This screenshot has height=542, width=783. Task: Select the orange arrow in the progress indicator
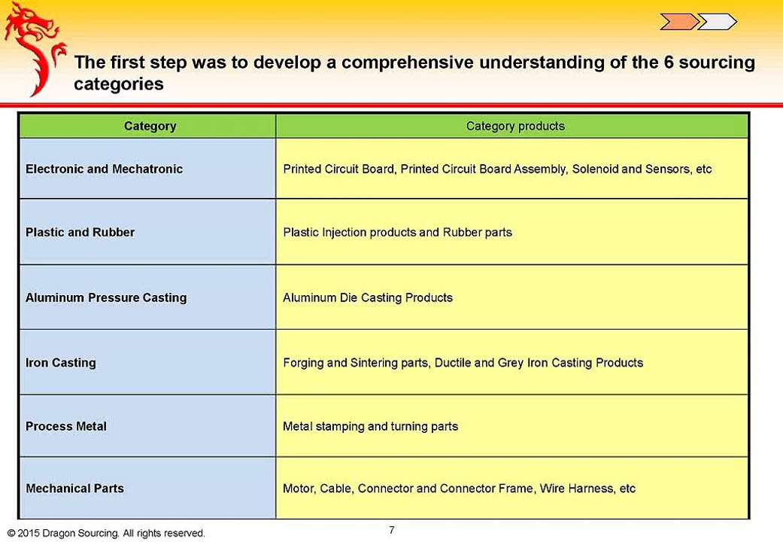(x=678, y=22)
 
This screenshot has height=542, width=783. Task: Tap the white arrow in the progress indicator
(x=716, y=22)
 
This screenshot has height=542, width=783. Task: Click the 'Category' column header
(x=150, y=126)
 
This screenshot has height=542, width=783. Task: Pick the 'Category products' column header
(x=515, y=126)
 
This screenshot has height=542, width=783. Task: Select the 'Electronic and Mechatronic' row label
(x=104, y=169)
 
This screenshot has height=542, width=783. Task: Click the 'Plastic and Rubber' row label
(x=80, y=233)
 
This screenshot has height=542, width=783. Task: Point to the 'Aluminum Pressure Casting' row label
(x=106, y=298)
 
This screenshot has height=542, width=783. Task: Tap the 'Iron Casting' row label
(x=61, y=363)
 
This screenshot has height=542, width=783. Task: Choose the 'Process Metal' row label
(x=66, y=427)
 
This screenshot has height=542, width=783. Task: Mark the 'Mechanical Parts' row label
(x=74, y=489)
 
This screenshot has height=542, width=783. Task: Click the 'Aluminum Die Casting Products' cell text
(x=368, y=298)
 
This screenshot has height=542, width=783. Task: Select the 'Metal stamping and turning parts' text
(x=370, y=427)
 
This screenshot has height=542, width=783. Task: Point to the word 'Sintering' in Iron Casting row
(x=374, y=363)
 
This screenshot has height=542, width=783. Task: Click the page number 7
(x=392, y=530)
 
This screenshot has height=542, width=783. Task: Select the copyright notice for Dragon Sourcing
(x=106, y=533)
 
